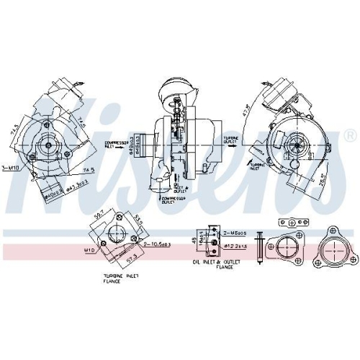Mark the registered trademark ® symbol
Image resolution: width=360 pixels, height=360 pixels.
pyautogui.click(x=350, y=135)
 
